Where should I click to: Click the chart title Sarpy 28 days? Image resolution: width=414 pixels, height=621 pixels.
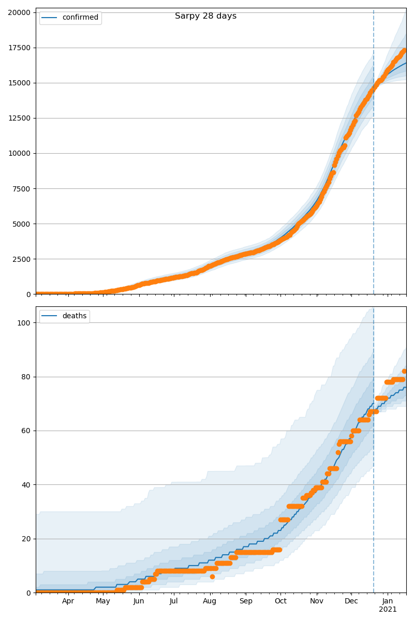205,16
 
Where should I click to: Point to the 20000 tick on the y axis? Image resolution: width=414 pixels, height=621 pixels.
19,12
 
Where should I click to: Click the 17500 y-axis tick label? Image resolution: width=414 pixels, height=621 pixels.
19,48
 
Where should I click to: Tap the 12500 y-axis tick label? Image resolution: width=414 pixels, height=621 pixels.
19,118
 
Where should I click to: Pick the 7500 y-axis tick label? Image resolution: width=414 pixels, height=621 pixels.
21,188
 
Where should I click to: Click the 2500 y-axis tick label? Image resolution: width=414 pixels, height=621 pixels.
21,259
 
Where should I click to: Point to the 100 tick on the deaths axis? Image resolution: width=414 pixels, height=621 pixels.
24,322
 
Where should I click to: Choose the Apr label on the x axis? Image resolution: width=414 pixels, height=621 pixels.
68,601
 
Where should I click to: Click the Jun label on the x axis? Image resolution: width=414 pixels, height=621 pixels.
139,601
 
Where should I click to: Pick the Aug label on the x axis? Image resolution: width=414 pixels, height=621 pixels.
210,601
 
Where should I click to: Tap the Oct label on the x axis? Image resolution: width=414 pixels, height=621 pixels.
280,601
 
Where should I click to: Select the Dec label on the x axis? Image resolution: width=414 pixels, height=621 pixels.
351,601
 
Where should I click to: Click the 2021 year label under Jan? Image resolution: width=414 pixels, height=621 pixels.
388,610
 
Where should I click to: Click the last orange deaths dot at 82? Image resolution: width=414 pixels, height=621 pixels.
404,371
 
